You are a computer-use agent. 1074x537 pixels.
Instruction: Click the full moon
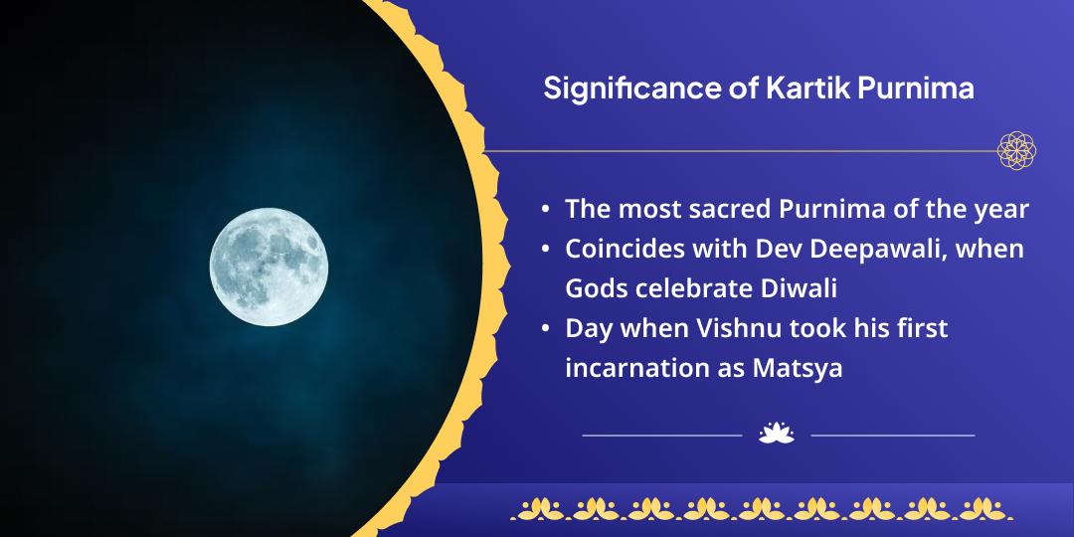(x=268, y=266)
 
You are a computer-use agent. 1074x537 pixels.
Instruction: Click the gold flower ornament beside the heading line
(x=1016, y=150)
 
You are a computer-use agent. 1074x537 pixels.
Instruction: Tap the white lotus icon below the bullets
(x=776, y=434)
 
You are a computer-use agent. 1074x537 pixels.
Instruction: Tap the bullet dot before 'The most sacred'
(x=546, y=210)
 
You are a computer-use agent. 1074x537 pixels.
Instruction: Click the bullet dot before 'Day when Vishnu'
(x=546, y=328)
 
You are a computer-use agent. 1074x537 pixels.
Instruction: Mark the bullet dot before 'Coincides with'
(x=546, y=249)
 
